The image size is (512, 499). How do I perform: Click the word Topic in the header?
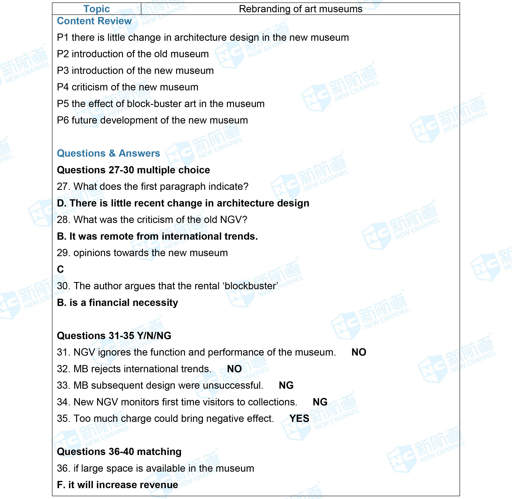pyautogui.click(x=96, y=9)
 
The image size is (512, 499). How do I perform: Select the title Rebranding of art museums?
pyautogui.click(x=300, y=9)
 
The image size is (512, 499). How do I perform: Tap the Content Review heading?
pyautogui.click(x=94, y=21)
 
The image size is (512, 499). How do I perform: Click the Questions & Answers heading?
pyautogui.click(x=108, y=153)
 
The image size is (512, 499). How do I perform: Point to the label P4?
pyautogui.click(x=63, y=87)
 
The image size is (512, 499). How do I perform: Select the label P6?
pyautogui.click(x=63, y=120)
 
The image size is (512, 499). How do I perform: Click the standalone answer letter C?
pyautogui.click(x=60, y=269)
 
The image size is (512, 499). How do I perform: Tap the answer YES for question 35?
pyautogui.click(x=299, y=418)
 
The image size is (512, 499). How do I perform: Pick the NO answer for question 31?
pyautogui.click(x=359, y=352)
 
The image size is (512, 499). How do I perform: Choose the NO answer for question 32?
pyautogui.click(x=234, y=369)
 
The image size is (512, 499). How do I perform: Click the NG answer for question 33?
pyautogui.click(x=286, y=385)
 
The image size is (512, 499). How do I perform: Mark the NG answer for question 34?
pyautogui.click(x=320, y=402)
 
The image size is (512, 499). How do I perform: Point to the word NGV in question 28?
pyautogui.click(x=231, y=220)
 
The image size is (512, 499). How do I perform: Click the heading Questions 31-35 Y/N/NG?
pyautogui.click(x=114, y=336)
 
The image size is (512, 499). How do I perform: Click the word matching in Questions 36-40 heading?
pyautogui.click(x=159, y=452)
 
